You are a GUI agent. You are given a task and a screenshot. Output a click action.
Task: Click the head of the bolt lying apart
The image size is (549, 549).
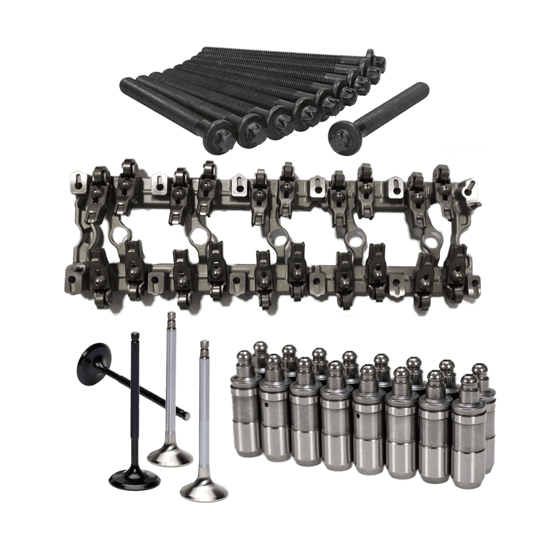pos(343,133)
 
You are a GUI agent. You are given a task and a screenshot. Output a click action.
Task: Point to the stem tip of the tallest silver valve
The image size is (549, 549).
pos(171,316)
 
